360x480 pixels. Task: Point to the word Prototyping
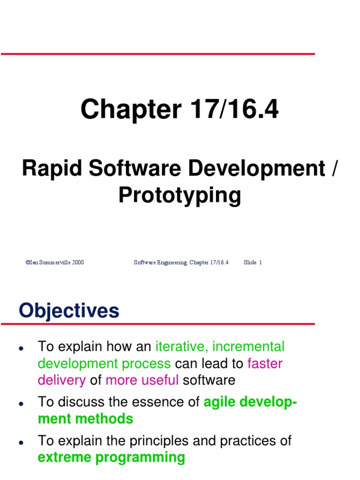pyautogui.click(x=180, y=195)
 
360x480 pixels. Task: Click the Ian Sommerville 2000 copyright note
pyautogui.click(x=55, y=262)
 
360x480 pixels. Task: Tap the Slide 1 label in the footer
pyautogui.click(x=253, y=262)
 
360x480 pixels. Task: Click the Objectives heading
pyautogui.click(x=69, y=311)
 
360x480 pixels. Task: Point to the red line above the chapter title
pyautogui.click(x=157, y=54)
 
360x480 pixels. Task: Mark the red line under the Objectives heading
pyautogui.click(x=157, y=323)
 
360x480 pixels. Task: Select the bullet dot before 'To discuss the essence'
pyautogui.click(x=21, y=404)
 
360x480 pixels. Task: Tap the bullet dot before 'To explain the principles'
pyautogui.click(x=21, y=442)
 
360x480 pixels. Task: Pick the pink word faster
pyautogui.click(x=265, y=364)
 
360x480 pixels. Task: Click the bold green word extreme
pyautogui.click(x=66, y=457)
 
